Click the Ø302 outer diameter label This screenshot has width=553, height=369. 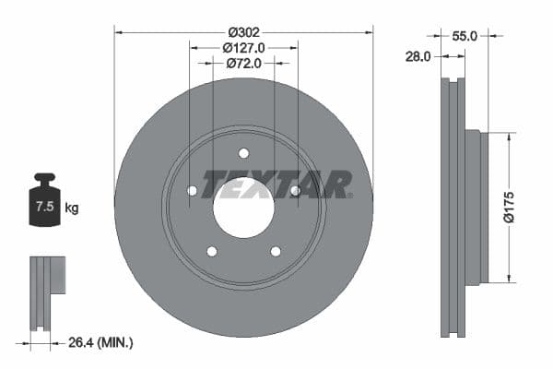[x=243, y=30]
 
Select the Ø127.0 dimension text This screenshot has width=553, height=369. [x=243, y=46]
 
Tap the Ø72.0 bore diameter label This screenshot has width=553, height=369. [x=243, y=63]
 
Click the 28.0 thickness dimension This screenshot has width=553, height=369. [x=418, y=56]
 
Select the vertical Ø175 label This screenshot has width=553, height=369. [x=522, y=207]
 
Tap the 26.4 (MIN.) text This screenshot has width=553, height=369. [x=100, y=343]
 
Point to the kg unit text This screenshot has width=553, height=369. [x=72, y=208]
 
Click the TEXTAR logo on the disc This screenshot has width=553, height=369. [x=277, y=184]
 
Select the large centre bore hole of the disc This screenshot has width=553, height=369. [x=243, y=205]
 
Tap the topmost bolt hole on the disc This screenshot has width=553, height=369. [x=243, y=153]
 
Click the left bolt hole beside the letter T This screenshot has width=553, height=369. [x=193, y=191]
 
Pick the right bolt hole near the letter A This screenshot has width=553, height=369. [x=295, y=191]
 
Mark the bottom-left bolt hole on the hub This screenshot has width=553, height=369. [x=212, y=251]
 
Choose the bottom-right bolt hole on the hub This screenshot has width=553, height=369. [x=275, y=251]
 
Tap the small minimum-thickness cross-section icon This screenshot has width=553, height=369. [x=46, y=291]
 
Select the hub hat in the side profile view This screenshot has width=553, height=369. [x=473, y=207]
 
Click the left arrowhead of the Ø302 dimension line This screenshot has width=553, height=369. [x=117, y=30]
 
